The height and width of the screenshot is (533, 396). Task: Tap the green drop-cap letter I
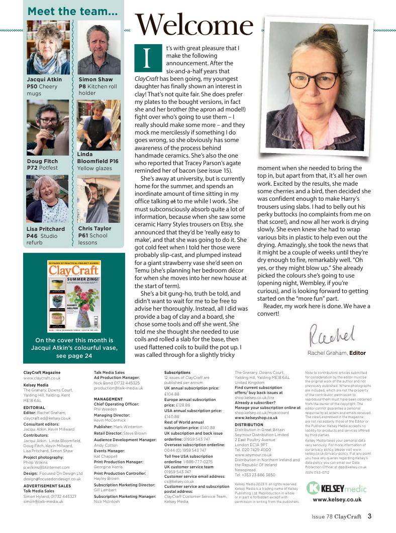tap(146, 58)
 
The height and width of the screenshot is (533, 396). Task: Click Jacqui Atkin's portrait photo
tap(48, 49)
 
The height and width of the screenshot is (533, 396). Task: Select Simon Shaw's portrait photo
tap(99, 49)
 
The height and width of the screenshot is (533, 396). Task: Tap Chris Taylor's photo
tap(99, 199)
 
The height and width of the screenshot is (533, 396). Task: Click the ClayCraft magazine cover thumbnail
tap(74, 295)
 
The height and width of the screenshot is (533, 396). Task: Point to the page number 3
tap(369, 515)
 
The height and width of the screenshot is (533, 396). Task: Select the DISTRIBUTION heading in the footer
tap(249, 425)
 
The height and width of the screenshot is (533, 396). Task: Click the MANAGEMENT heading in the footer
tap(108, 399)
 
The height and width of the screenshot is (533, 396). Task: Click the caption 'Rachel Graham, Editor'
tap(336, 353)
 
